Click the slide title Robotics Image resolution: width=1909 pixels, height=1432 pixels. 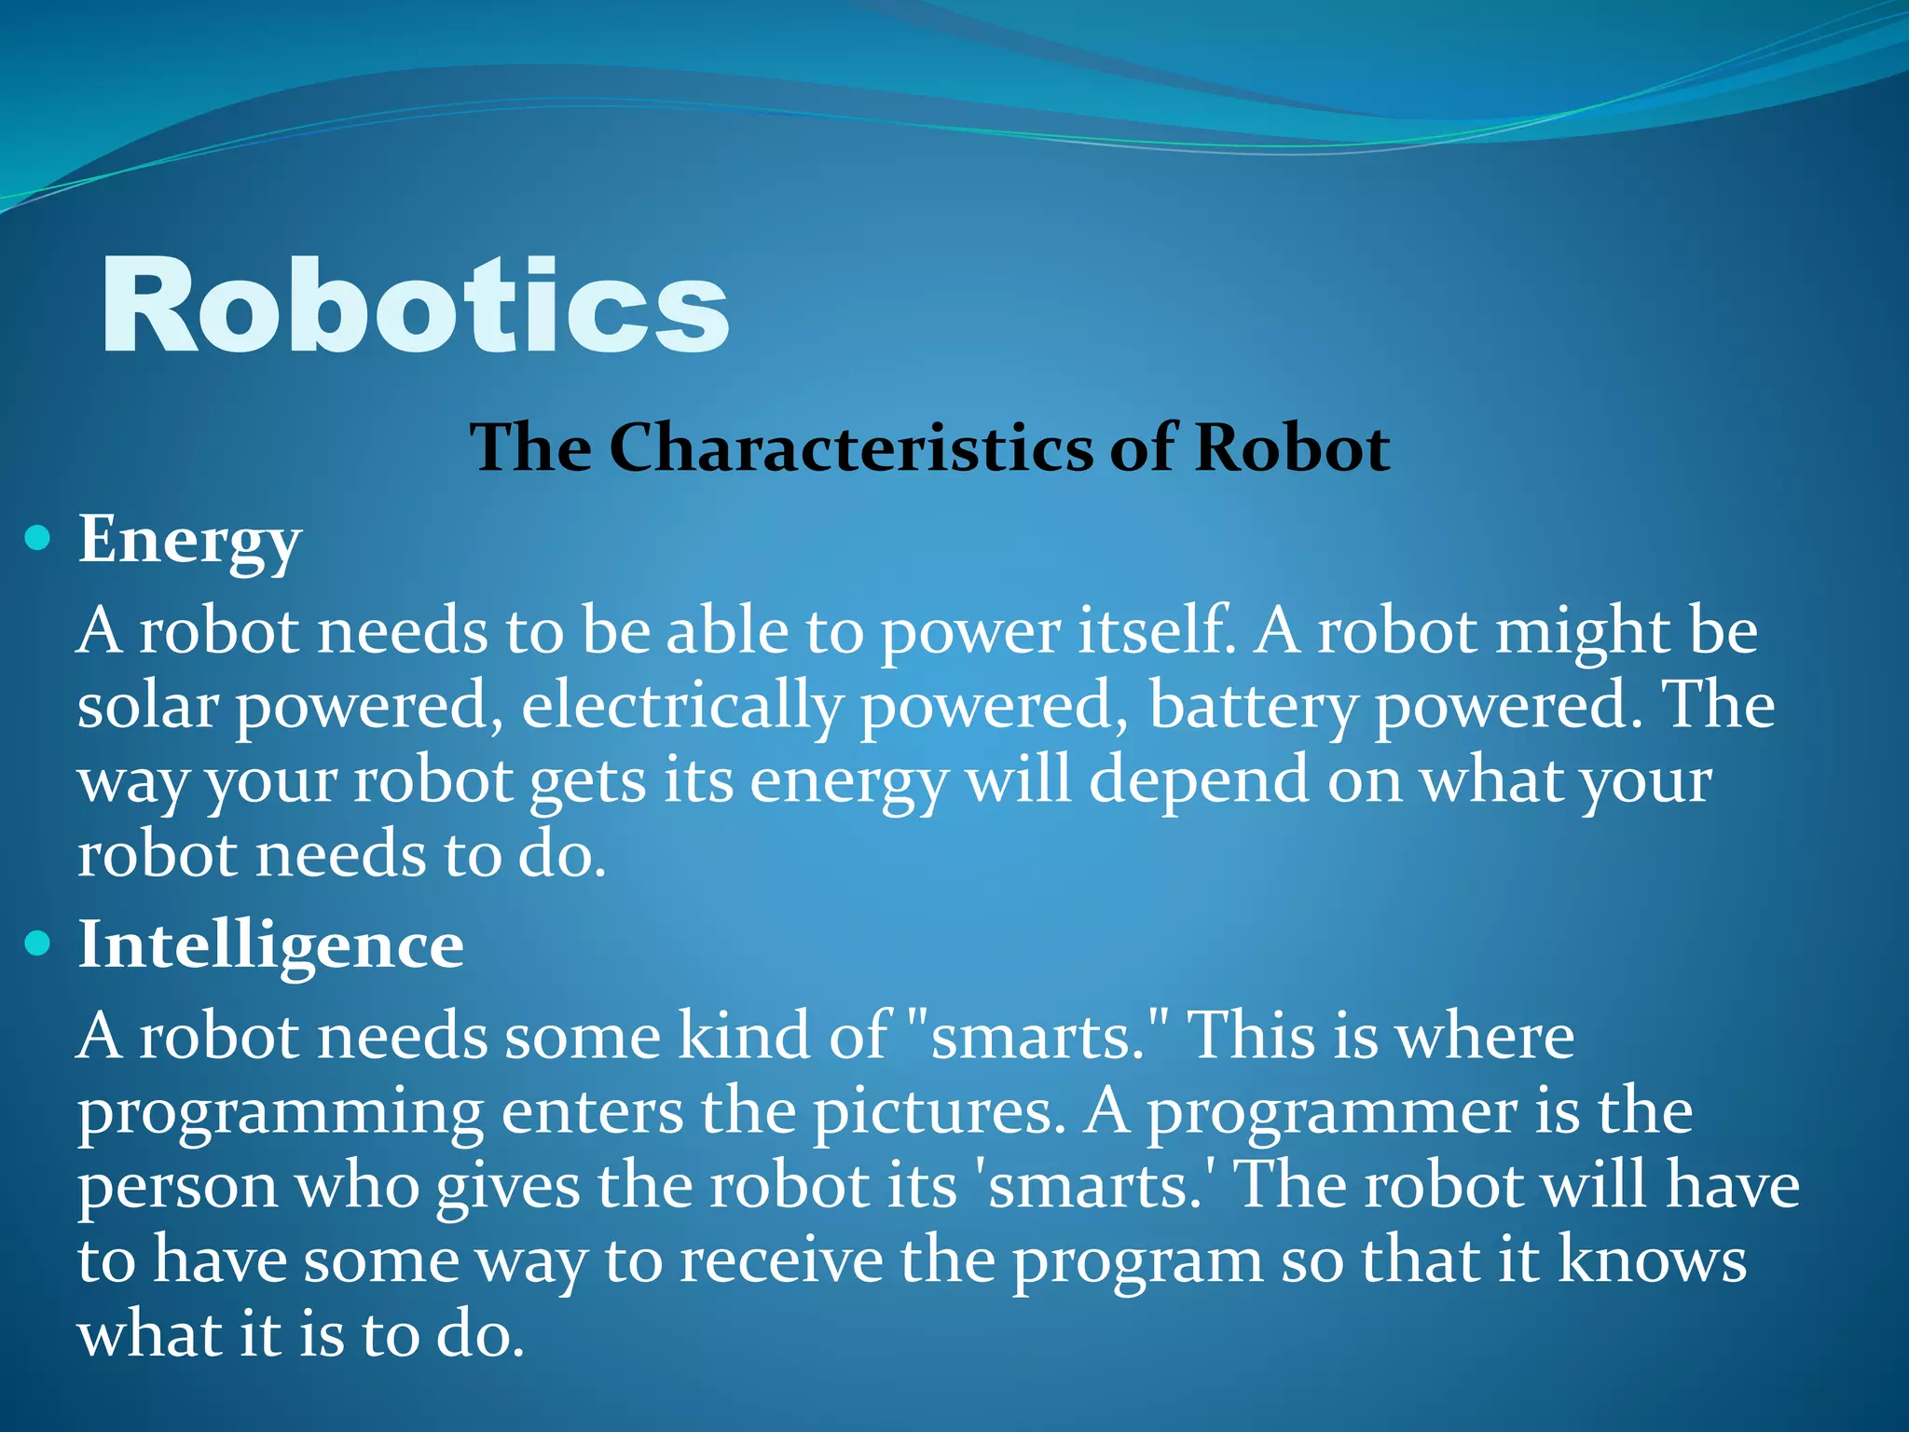(415, 306)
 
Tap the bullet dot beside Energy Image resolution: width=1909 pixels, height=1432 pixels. (37, 538)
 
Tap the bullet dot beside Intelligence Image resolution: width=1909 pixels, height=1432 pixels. (37, 944)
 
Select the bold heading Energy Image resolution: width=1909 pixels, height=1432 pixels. (189, 541)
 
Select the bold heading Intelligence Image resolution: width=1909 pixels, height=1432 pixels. (270, 945)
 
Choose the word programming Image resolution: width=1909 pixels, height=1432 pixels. (280, 1113)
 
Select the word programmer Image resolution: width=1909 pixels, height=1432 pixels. (1331, 1113)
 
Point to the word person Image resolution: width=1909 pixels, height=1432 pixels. (177, 1188)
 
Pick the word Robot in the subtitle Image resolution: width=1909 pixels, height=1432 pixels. (1292, 447)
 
